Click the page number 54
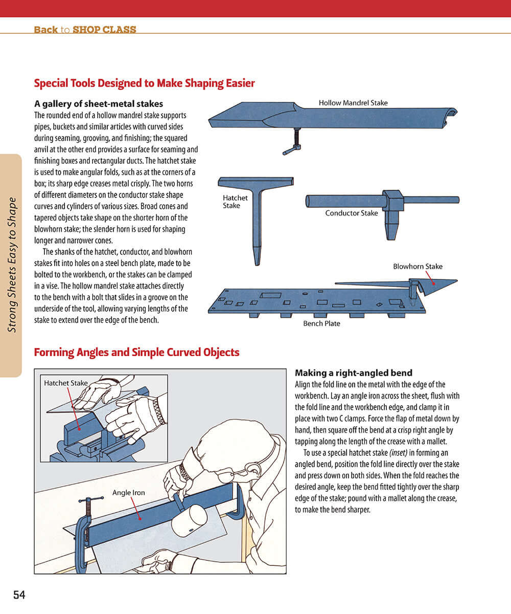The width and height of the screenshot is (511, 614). [19, 595]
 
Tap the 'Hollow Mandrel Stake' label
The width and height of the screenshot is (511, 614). [353, 103]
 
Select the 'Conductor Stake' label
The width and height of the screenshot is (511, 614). [352, 213]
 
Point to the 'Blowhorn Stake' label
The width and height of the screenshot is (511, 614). [417, 266]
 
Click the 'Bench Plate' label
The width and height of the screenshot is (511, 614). [321, 323]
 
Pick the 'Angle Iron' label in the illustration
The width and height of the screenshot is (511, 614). [129, 493]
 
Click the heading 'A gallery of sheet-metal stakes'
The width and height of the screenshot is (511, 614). [99, 104]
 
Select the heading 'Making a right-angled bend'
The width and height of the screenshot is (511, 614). [354, 373]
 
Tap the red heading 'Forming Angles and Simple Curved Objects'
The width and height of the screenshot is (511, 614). [136, 353]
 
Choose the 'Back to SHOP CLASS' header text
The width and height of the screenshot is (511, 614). [85, 30]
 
